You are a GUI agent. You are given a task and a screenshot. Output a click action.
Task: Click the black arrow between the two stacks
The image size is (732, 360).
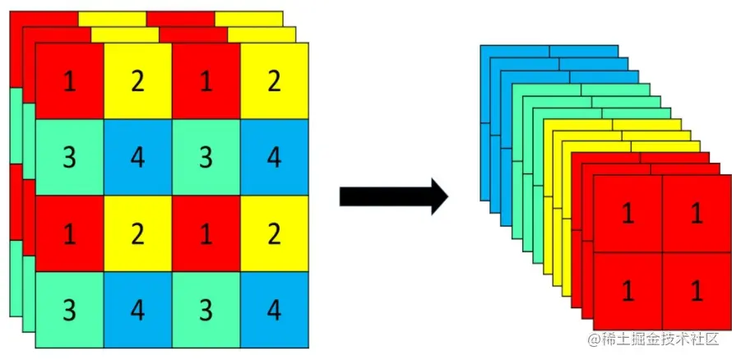point(393,196)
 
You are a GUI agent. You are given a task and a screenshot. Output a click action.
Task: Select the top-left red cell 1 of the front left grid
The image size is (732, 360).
point(70,81)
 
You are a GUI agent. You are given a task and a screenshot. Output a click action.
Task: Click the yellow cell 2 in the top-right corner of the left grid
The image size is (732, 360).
point(274,81)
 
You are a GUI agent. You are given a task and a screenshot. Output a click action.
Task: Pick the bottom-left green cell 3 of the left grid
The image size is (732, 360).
point(70,311)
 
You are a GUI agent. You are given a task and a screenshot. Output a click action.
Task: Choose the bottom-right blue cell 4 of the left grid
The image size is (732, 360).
point(274,311)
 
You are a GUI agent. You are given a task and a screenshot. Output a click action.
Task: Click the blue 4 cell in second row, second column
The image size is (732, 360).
point(137,157)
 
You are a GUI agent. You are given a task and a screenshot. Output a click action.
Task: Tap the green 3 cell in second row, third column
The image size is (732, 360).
point(206,157)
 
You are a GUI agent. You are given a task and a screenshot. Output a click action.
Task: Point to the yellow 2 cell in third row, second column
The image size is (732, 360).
point(137,233)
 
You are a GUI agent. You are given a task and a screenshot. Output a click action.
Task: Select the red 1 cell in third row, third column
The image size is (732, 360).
point(206,233)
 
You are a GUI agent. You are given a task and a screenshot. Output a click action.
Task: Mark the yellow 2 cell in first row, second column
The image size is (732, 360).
point(137,81)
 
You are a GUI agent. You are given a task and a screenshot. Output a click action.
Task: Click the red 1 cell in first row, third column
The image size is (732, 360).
point(206,81)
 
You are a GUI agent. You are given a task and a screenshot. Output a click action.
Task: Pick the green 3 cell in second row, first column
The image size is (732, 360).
point(70,157)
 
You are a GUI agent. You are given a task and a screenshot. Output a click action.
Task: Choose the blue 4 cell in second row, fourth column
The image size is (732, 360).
point(274,157)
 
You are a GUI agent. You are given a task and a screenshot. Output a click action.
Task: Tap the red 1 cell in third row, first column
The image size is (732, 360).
point(70,233)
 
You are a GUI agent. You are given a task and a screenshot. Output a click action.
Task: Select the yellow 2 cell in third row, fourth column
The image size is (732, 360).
point(274,233)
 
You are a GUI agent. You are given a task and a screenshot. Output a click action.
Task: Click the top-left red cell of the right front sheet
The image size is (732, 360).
point(627,215)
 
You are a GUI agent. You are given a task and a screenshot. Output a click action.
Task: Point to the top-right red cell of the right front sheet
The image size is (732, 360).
point(696,215)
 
